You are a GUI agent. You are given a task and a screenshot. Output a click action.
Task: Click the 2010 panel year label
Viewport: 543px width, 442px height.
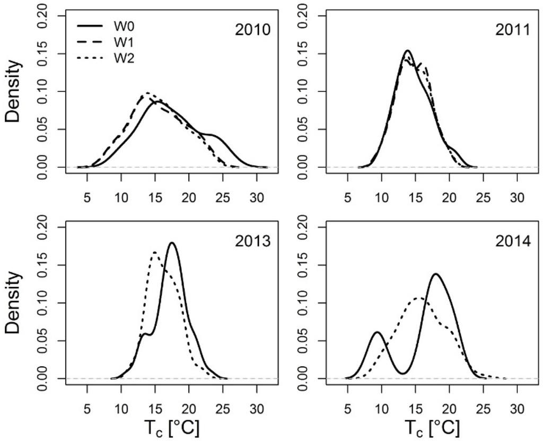point(253,30)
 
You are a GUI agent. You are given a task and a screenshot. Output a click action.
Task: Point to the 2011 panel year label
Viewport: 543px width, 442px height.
point(513,30)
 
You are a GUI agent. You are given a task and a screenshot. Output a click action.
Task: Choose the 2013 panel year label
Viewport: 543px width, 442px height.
point(253,241)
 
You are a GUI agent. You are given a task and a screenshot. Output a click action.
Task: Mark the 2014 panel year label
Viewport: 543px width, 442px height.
point(513,241)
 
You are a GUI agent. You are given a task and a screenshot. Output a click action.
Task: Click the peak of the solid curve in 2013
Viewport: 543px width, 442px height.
point(172,243)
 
